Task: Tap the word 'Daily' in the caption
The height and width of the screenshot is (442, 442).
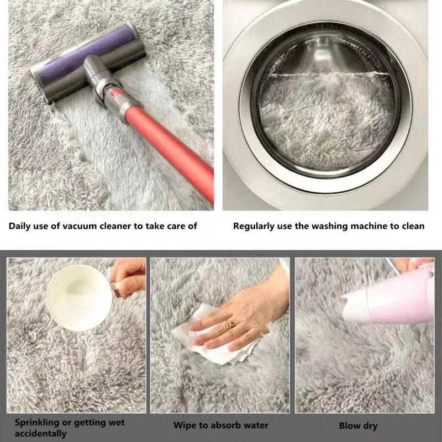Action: pos(20,226)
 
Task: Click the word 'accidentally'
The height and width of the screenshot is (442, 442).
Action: pos(39,434)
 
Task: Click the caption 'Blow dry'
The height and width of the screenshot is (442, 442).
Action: pos(358,426)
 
